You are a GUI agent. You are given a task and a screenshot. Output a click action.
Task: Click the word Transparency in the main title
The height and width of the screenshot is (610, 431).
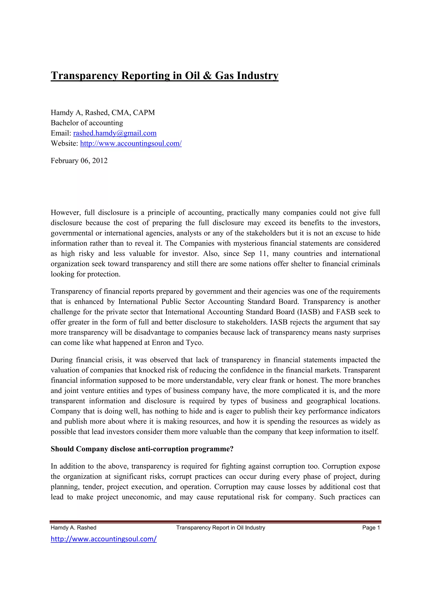coord(84,76)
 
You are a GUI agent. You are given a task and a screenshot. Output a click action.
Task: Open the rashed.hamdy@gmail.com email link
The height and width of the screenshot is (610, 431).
coord(115,133)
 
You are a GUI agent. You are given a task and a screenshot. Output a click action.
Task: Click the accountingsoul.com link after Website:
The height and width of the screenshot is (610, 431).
coord(131,143)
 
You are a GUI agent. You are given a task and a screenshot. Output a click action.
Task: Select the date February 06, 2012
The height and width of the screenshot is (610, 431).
coord(79,161)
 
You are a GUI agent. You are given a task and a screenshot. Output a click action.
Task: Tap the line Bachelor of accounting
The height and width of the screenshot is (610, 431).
coord(87,123)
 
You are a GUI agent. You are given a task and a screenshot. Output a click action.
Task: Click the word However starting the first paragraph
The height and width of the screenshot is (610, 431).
coord(65,212)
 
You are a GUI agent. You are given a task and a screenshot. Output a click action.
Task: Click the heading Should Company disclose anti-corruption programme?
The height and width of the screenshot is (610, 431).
coord(142,449)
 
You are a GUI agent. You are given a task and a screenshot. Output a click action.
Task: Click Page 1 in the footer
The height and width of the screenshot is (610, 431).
coord(371,528)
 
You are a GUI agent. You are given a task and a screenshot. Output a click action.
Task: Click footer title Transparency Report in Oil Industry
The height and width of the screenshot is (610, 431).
coord(220,528)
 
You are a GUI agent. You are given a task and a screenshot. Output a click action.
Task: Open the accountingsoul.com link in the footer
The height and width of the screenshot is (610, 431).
coord(104,539)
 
